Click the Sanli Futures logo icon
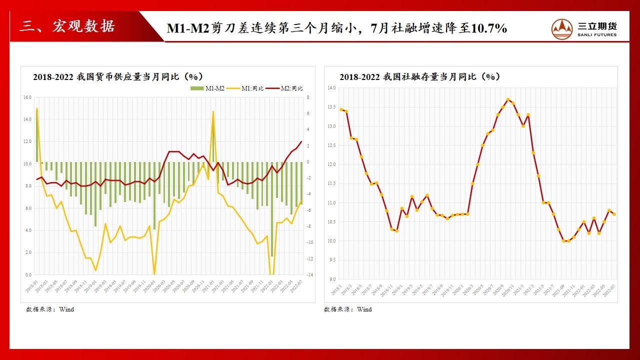pyautogui.click(x=563, y=28)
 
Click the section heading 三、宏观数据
pyautogui.click(x=67, y=26)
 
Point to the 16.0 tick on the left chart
pyautogui.click(x=27, y=97)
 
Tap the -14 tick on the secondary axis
pyautogui.click(x=309, y=275)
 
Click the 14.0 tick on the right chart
pyautogui.click(x=331, y=88)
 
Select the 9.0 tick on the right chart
pyautogui.click(x=332, y=279)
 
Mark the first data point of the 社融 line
pyautogui.click(x=341, y=109)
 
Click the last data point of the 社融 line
pyautogui.click(x=614, y=214)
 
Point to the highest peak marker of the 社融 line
pyautogui.click(x=508, y=99)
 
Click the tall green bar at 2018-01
pyautogui.click(x=37, y=135)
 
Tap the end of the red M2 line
pyautogui.click(x=301, y=141)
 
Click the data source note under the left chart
pyautogui.click(x=50, y=309)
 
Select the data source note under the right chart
pyautogui.click(x=348, y=309)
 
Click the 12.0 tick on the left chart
pyautogui.click(x=27, y=141)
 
